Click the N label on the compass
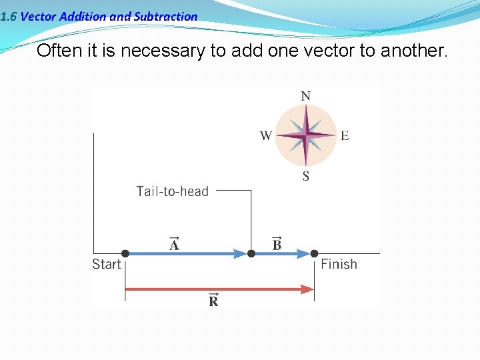click(x=305, y=96)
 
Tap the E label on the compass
click(x=345, y=136)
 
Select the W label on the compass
click(x=265, y=136)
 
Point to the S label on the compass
click(x=305, y=177)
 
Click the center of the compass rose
click(x=305, y=136)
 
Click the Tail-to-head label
click(x=172, y=191)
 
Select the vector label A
click(x=174, y=244)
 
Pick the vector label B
click(x=277, y=244)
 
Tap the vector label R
click(x=213, y=300)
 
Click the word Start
click(x=107, y=265)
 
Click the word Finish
click(x=339, y=265)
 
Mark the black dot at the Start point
click(x=125, y=253)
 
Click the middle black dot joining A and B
click(x=251, y=253)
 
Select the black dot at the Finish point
click(x=315, y=253)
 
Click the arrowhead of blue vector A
click(x=239, y=253)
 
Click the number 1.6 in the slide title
click(x=9, y=17)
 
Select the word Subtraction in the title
click(x=165, y=17)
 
